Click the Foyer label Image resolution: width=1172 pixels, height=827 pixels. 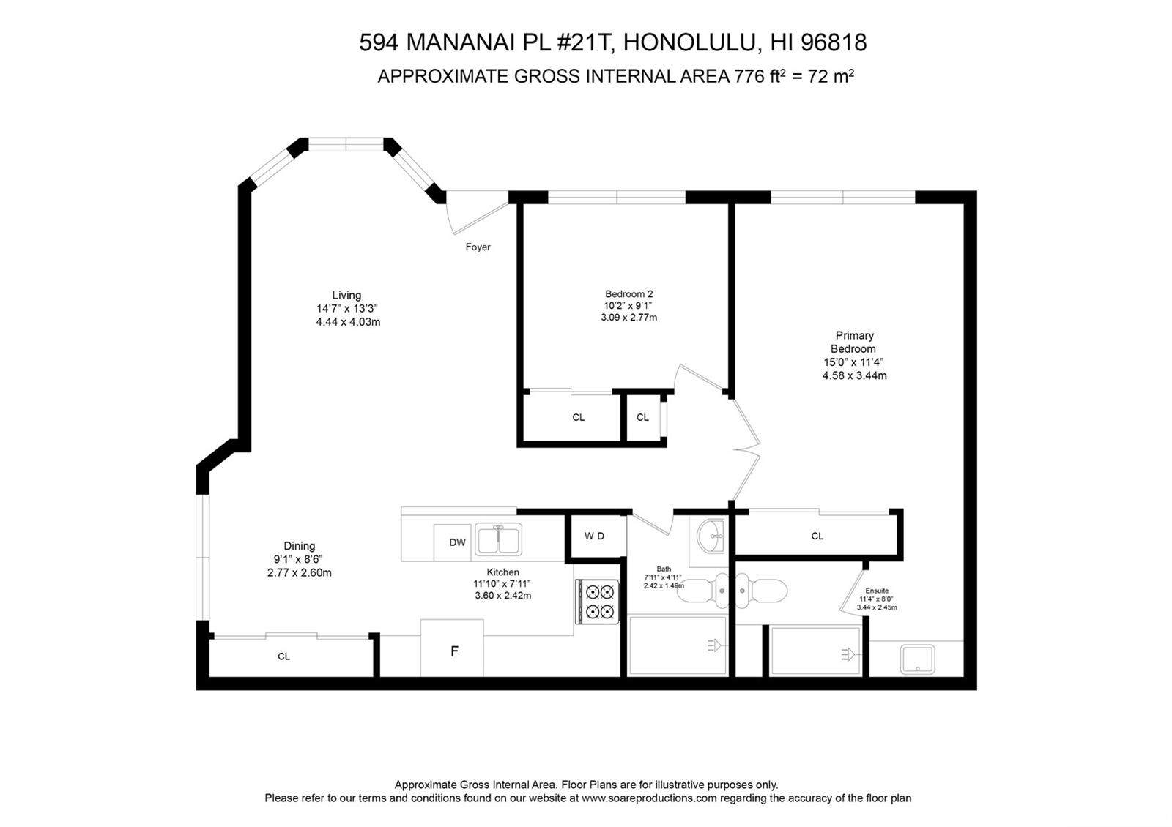tap(478, 247)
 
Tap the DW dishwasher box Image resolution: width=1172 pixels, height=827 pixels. tap(457, 542)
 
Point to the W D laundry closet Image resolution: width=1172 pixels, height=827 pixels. tap(595, 536)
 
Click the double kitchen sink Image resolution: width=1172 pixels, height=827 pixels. tap(498, 540)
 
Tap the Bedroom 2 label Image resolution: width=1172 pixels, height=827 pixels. tap(628, 294)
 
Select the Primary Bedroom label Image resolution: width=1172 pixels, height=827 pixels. tap(854, 342)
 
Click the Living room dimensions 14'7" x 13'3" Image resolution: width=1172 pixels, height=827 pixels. tap(347, 309)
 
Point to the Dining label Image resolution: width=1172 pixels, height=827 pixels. tap(299, 546)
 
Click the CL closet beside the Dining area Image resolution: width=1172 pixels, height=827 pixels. tap(284, 656)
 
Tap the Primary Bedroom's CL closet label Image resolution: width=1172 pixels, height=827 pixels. tap(817, 536)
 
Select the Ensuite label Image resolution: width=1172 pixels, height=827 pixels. tap(877, 591)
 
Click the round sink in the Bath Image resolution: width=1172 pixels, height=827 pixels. tap(710, 536)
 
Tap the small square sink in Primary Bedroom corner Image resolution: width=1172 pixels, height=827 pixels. tap(917, 659)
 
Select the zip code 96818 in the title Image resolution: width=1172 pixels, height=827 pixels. tap(834, 42)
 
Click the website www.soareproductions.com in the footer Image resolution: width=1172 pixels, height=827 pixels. tap(649, 798)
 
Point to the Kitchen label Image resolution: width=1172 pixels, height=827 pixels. tap(502, 572)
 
